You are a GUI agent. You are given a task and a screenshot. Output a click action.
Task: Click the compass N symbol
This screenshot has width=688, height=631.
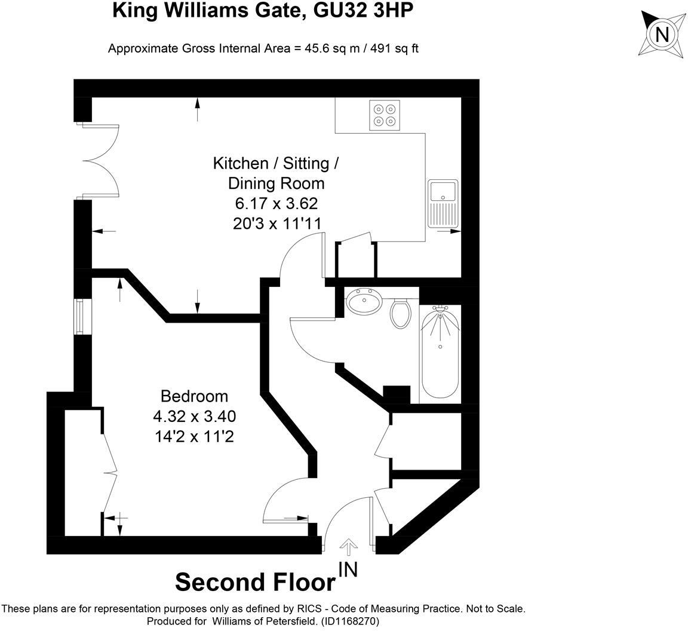click(x=662, y=34)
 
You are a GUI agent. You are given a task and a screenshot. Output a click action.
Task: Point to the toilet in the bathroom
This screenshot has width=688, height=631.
click(x=400, y=313)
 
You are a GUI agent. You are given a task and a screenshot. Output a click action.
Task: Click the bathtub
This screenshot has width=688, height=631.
click(x=440, y=353)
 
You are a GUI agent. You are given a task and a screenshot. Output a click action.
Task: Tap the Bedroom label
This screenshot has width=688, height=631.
click(x=194, y=396)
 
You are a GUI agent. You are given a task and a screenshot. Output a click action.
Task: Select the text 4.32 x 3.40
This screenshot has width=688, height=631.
click(x=194, y=416)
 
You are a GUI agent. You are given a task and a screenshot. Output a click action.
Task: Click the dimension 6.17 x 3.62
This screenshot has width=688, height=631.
click(x=276, y=204)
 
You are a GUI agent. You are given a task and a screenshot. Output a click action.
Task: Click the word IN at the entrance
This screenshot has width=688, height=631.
click(x=348, y=570)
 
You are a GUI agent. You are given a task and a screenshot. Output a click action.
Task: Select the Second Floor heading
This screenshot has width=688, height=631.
click(x=255, y=581)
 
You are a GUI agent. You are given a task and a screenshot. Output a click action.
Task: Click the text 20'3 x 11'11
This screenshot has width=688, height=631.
click(x=277, y=223)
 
